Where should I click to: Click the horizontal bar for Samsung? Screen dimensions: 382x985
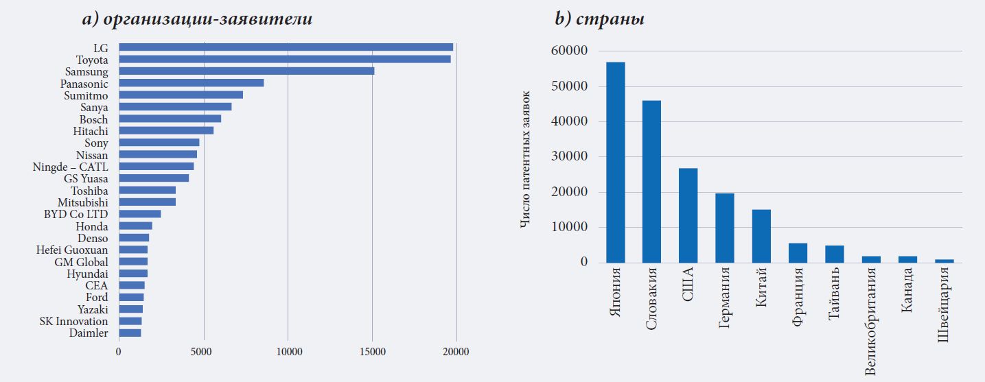point(246,71)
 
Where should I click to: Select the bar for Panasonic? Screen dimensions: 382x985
point(192,83)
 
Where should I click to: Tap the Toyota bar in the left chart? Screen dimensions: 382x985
point(285,59)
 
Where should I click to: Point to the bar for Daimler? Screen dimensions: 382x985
point(130,333)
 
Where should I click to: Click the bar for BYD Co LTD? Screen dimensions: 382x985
point(140,214)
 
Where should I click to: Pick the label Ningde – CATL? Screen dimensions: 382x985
point(70,167)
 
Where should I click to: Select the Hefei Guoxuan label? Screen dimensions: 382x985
point(72,250)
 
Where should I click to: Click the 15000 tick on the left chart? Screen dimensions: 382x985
point(372,352)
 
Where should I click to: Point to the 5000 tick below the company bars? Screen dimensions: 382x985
point(203,352)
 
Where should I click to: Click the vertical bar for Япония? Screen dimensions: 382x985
point(616,163)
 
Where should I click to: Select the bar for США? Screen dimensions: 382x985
point(688,215)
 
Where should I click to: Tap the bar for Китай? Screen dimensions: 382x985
point(761,236)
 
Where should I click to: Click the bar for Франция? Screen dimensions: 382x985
point(798,252)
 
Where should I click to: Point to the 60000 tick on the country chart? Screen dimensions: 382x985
point(569,51)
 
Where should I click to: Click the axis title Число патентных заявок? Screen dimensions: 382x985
point(525,159)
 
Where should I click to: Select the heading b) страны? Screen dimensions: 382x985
point(599,19)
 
